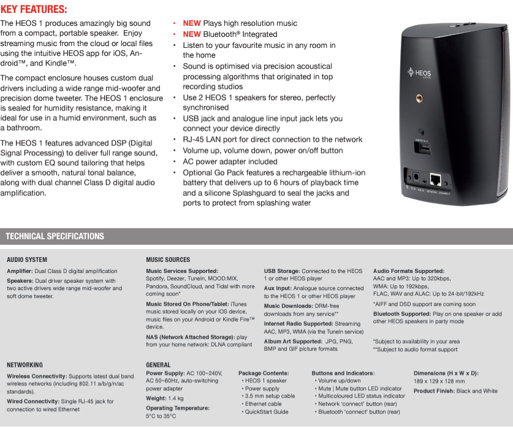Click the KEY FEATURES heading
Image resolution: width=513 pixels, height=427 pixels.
click(34, 9)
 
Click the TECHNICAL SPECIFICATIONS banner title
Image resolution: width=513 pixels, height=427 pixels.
click(55, 236)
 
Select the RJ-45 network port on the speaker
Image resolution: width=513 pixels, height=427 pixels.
click(436, 179)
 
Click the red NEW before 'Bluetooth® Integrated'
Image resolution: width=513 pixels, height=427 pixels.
click(192, 34)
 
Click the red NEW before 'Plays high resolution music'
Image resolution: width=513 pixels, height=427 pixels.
click(192, 23)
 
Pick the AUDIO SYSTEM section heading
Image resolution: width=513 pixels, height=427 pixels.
click(27, 260)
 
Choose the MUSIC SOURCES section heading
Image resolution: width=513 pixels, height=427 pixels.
click(168, 260)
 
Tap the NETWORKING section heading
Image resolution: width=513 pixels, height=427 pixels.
click(25, 364)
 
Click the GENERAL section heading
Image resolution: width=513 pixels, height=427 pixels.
click(158, 364)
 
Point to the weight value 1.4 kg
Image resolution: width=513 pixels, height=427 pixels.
click(175, 398)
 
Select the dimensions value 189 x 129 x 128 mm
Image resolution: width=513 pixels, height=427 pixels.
click(438, 381)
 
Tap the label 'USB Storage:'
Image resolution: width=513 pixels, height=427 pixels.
click(282, 271)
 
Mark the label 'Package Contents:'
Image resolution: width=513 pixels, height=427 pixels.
click(264, 373)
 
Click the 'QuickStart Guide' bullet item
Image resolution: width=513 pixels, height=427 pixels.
click(267, 412)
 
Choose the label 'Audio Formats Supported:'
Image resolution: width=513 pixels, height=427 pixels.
click(409, 271)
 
